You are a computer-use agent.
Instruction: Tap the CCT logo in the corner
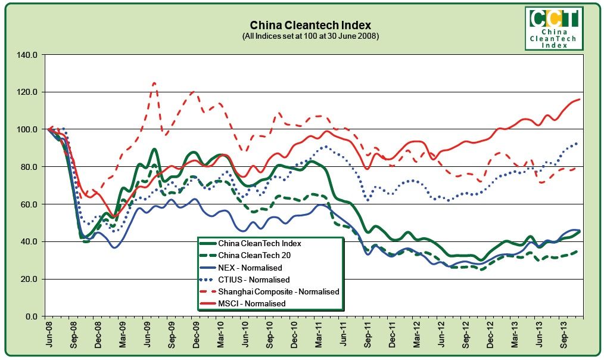click(554, 29)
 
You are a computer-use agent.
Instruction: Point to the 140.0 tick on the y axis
click(28, 55)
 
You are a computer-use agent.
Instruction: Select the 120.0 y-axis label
click(28, 92)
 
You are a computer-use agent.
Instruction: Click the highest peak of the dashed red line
click(154, 83)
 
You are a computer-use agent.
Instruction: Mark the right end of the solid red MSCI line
click(580, 100)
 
